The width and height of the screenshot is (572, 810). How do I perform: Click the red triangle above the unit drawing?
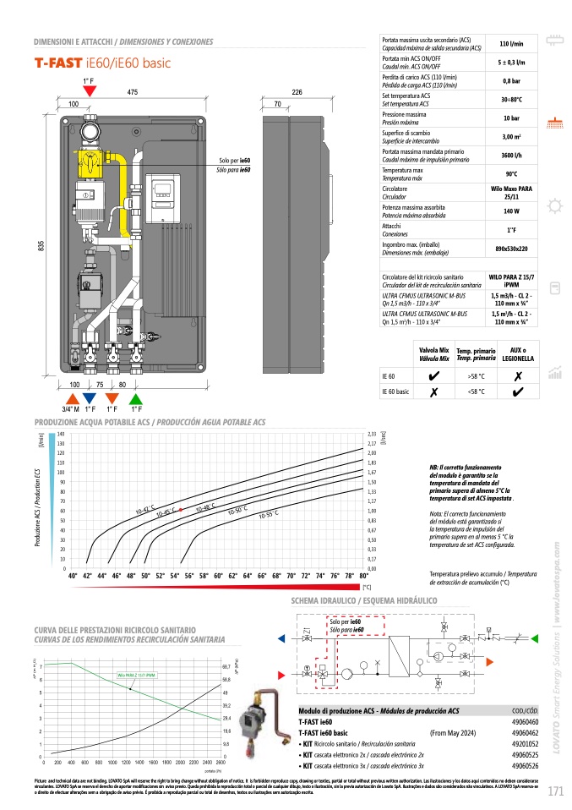(x=90, y=90)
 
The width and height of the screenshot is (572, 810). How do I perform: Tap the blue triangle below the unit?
(x=90, y=398)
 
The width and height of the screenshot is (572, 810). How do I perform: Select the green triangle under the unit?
(x=135, y=398)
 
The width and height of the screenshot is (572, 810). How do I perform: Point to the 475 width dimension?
(x=133, y=91)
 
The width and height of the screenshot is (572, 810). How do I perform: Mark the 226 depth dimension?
(x=297, y=91)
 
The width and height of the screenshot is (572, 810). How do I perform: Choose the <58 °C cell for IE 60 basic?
(x=476, y=391)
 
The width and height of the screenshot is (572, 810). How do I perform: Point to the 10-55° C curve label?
(x=269, y=514)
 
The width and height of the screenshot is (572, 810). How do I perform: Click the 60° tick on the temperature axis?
(x=219, y=576)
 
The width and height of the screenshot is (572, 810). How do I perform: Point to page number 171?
(x=554, y=792)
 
